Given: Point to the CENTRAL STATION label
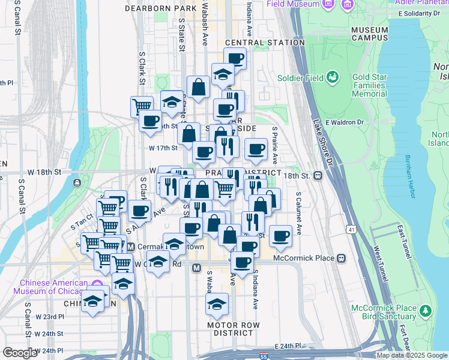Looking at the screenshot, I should point(265,43).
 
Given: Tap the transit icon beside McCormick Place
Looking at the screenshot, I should point(341,259).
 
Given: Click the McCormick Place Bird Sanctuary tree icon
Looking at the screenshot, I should point(426,310).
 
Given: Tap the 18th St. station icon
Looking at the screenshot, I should point(318,176).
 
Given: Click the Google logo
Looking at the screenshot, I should point(20,353).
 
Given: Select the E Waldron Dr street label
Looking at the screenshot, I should point(345,122).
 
